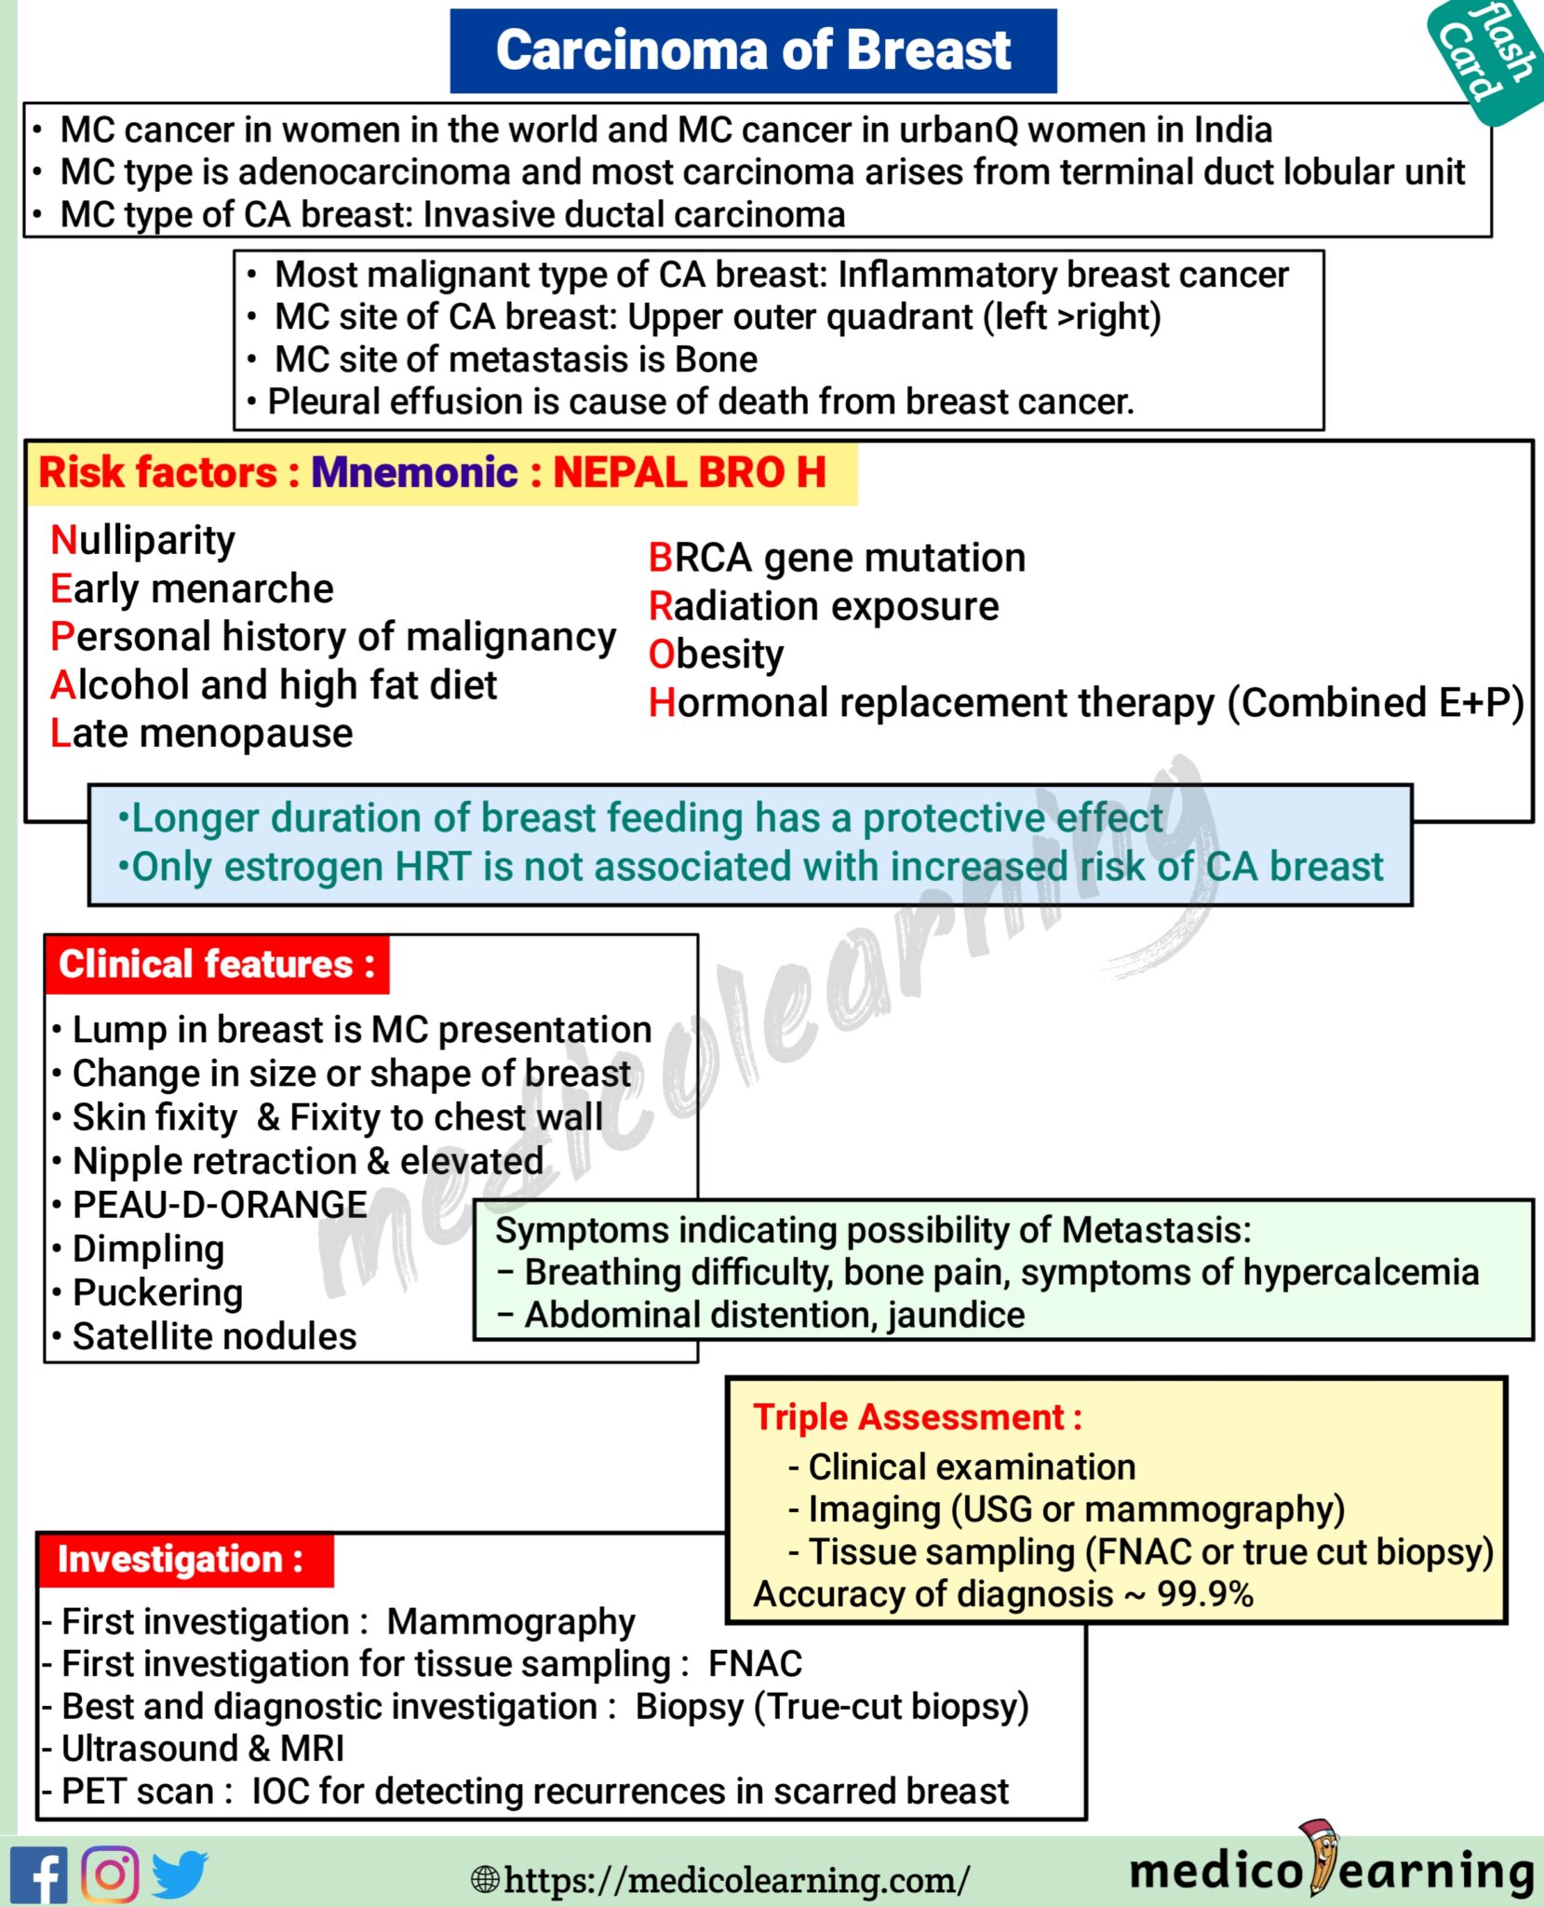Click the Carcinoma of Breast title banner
click(x=753, y=50)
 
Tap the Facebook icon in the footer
click(x=38, y=1873)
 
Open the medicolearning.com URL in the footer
click(x=735, y=1879)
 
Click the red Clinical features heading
click(x=217, y=965)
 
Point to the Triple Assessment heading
click(x=917, y=1417)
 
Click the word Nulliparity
click(x=143, y=540)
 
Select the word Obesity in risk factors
click(x=716, y=655)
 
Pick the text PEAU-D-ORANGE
click(x=220, y=1205)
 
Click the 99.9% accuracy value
click(x=1205, y=1594)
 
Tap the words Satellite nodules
click(x=214, y=1336)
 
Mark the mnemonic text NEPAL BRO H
click(x=690, y=472)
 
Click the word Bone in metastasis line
click(x=716, y=359)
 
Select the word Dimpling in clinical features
click(x=149, y=1249)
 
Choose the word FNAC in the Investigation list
click(x=755, y=1663)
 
